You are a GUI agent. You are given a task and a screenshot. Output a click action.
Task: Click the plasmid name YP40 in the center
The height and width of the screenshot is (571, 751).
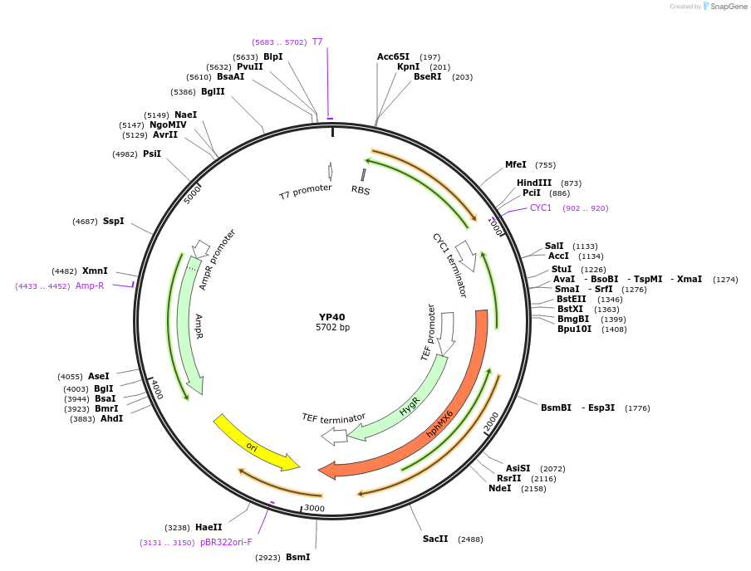click(x=331, y=316)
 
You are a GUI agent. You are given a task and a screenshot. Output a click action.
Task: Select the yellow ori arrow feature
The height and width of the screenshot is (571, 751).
click(x=254, y=443)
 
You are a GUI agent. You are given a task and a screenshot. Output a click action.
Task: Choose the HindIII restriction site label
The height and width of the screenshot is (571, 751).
click(x=533, y=183)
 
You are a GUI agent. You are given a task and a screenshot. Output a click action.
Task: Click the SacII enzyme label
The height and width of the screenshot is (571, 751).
click(x=434, y=539)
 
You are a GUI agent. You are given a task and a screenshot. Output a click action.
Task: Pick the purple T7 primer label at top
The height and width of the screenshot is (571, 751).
click(x=317, y=41)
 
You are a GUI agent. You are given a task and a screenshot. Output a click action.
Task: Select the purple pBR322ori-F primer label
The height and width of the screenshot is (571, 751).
click(x=226, y=542)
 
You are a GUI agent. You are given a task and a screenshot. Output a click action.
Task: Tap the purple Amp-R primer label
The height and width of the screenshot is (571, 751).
click(x=90, y=285)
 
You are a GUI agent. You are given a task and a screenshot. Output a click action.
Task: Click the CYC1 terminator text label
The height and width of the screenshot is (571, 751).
click(x=449, y=265)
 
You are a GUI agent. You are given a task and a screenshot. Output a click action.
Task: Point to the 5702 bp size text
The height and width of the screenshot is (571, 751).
click(x=331, y=328)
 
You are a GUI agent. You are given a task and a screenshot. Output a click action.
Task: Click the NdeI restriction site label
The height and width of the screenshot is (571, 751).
click(x=499, y=489)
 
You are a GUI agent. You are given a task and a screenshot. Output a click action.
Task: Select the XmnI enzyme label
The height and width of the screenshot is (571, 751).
click(x=95, y=271)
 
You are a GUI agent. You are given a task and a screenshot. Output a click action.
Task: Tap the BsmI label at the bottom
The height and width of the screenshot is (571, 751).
click(x=297, y=557)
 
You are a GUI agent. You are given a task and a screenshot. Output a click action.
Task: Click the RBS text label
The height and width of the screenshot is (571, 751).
click(x=361, y=190)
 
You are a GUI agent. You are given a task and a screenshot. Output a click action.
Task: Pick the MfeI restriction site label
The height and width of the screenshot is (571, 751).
click(x=515, y=164)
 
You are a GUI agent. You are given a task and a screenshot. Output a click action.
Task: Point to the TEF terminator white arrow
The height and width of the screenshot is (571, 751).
click(x=334, y=436)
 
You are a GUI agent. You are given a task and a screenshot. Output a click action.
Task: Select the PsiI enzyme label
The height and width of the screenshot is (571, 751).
click(x=152, y=154)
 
